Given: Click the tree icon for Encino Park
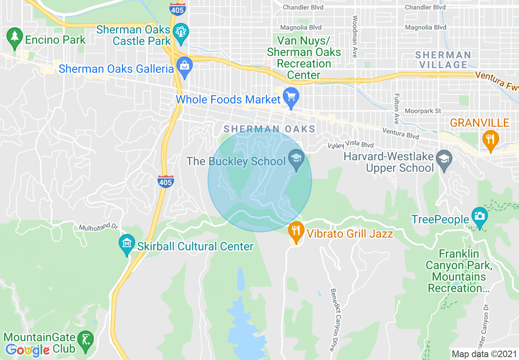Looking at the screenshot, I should point(15,37).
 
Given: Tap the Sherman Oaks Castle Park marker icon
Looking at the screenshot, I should point(181,32).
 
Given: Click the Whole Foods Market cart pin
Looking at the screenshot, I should point(291,98).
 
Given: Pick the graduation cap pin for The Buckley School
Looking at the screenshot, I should point(296,157).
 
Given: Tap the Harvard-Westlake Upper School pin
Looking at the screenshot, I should point(444,158).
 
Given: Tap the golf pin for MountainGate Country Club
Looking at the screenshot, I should point(85,340).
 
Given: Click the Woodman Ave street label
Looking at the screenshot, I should point(355,36).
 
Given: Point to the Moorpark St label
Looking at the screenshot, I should point(423,111).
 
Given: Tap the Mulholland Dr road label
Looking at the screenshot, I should point(98,226).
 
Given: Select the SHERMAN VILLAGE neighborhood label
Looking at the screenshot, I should point(443,60).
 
